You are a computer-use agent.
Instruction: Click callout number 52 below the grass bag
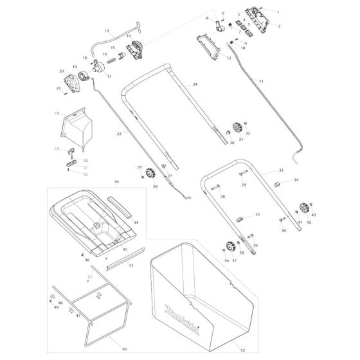242,351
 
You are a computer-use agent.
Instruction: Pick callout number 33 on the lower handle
281,171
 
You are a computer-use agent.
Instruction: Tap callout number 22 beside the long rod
119,134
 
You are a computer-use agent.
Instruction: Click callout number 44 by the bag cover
136,222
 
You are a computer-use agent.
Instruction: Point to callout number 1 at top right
278,12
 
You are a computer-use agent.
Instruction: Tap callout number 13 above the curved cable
107,31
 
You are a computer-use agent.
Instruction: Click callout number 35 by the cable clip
258,214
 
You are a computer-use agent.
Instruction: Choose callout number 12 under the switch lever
228,59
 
